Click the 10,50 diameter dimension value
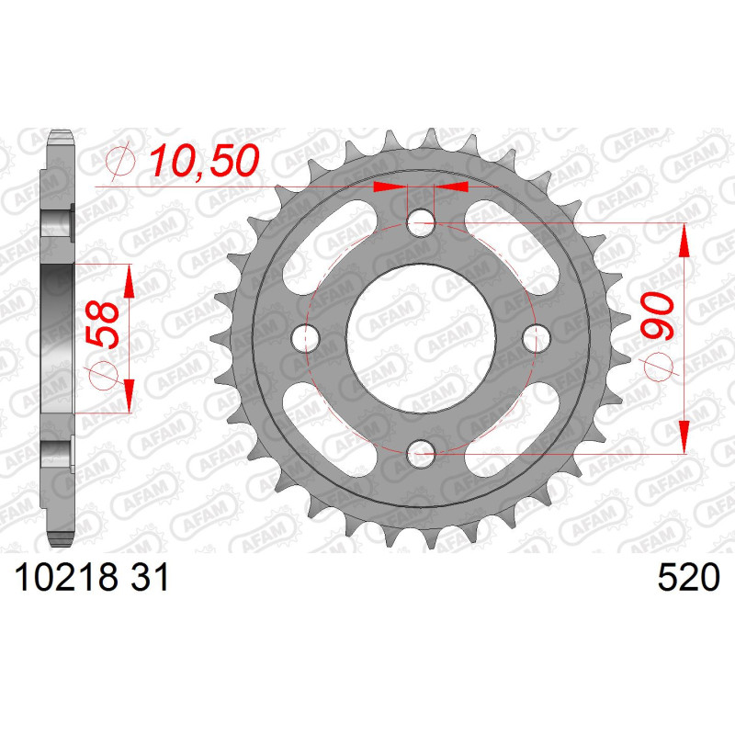pyautogui.click(x=204, y=160)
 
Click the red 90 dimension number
pyautogui.click(x=657, y=316)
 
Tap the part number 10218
pyautogui.click(x=66, y=577)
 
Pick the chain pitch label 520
pyautogui.click(x=688, y=577)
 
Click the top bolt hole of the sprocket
pyautogui.click(x=421, y=222)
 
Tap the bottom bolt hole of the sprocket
pyautogui.click(x=421, y=453)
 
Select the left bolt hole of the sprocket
pyautogui.click(x=306, y=338)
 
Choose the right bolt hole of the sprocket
pyautogui.click(x=537, y=338)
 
